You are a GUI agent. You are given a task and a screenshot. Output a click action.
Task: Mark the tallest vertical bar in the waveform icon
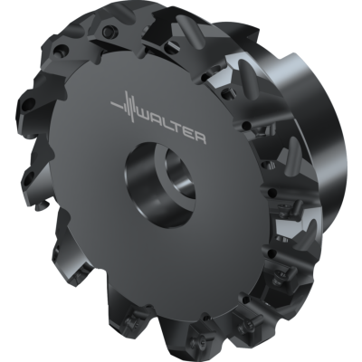129,110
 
